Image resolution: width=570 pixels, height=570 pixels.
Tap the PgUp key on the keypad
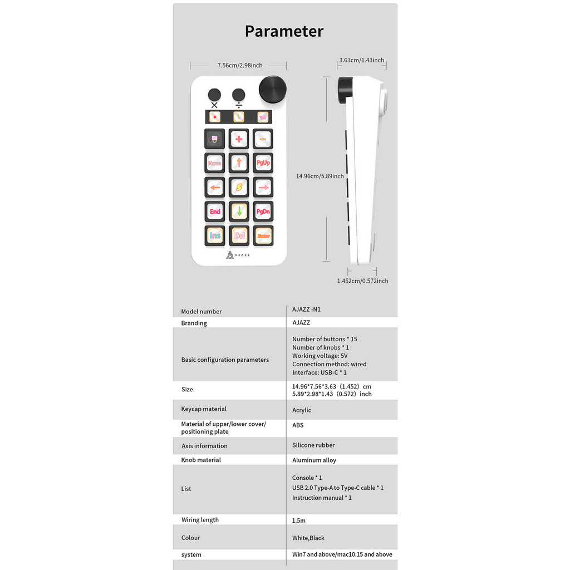pos(263,163)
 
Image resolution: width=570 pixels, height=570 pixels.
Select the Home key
pos(215,163)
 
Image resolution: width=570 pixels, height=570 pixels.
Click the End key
pos(215,212)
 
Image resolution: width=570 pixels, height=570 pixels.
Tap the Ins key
pos(215,235)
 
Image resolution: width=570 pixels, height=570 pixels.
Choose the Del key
pos(239,235)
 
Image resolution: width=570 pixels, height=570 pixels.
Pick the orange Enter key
pos(263,235)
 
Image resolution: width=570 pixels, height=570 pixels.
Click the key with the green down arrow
pos(239,212)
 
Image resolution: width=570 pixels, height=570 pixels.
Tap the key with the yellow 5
pos(239,188)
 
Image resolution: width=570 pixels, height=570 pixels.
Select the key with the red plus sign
pos(239,139)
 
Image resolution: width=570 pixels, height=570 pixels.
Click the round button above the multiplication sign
pos(214,94)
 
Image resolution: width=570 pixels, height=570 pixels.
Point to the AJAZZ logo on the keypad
pos(238,255)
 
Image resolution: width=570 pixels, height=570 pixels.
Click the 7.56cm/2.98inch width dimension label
pos(240,66)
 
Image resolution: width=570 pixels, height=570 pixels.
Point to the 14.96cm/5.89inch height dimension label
pos(320,176)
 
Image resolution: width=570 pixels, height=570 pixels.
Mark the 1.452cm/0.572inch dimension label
pos(362,281)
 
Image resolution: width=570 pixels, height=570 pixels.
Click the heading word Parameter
pos(284,31)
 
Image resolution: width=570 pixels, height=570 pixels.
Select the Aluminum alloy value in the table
pos(314,460)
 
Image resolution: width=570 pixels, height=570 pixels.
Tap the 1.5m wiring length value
pos(299,520)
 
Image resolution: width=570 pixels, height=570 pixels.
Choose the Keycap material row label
pos(204,409)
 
